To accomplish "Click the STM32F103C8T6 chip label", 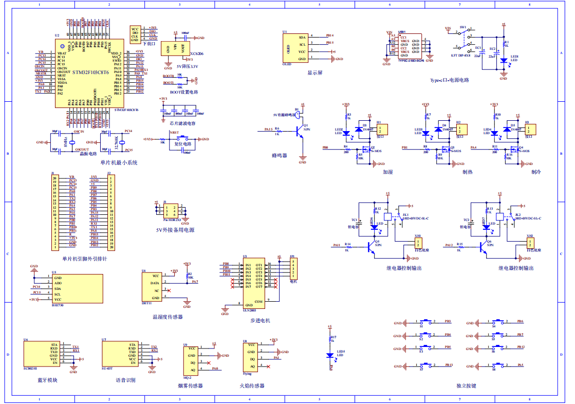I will click(90, 72).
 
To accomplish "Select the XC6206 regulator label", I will click(196, 53).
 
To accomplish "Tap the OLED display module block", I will click(294, 48).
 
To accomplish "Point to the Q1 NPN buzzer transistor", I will click(300, 132).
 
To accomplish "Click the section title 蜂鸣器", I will click(279, 155).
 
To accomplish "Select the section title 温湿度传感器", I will click(168, 317).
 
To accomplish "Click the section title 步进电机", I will click(259, 320).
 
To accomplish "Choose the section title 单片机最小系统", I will click(119, 162).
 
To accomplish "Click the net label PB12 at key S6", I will click(520, 347).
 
